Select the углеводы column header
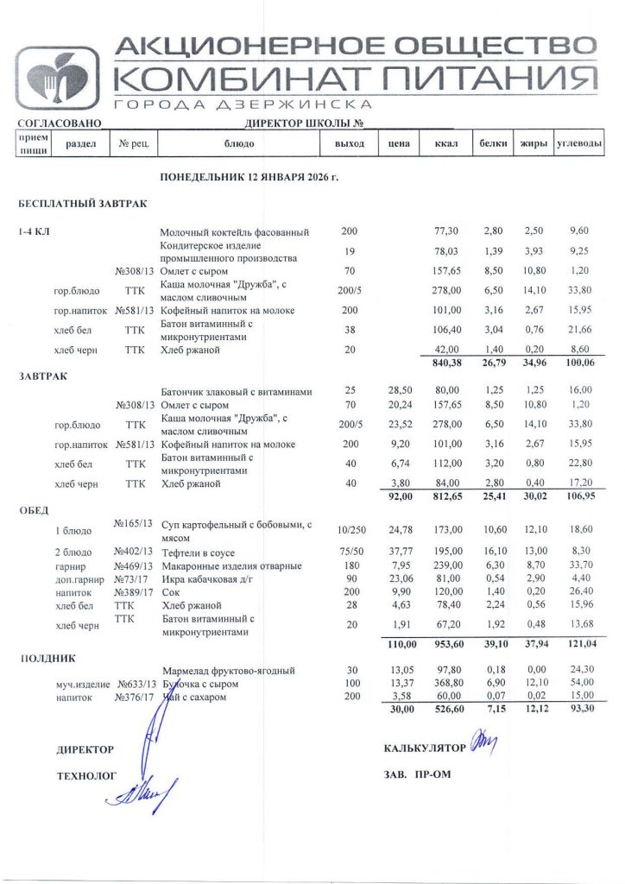[578, 143]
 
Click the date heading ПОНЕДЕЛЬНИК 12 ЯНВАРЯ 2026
[249, 177]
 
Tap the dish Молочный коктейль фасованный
[235, 232]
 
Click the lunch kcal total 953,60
[445, 645]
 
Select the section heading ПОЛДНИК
[43, 658]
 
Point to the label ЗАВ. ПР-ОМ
[417, 774]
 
